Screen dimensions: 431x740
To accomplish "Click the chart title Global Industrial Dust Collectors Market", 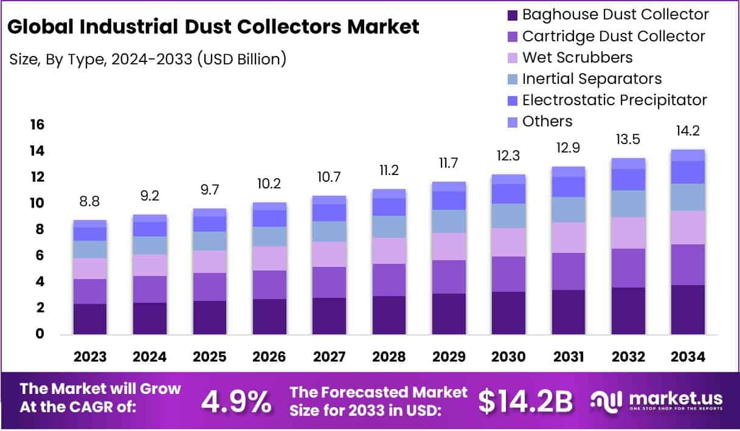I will coord(213,27).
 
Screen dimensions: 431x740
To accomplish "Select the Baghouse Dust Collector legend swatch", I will coord(513,15).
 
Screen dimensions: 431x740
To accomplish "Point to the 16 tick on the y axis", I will coord(37,125).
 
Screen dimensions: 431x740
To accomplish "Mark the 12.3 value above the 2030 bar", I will coord(508,156).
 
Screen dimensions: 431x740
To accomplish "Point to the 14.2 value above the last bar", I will coord(688,131).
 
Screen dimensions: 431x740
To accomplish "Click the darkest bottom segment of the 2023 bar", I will coord(90,319).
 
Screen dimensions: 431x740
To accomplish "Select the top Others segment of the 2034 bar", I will coord(688,155).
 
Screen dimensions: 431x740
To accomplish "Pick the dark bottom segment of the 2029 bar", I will coord(449,314).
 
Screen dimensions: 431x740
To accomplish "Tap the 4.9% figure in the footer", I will coord(236,401).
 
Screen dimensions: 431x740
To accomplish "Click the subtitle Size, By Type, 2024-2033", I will coord(148,59).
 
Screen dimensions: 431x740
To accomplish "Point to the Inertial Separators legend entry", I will coord(592,78).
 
